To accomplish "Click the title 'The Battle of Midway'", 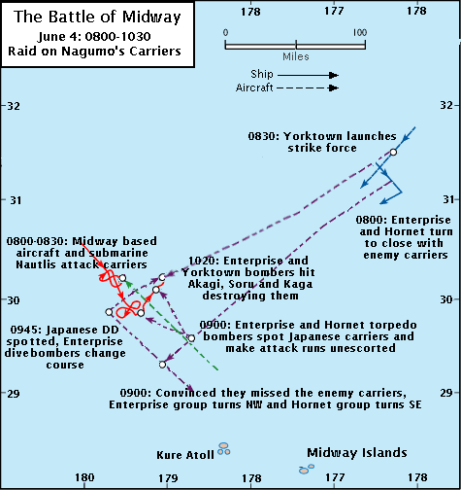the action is (97, 17).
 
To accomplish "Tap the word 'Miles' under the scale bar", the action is (296, 56).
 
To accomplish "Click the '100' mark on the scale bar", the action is (360, 32).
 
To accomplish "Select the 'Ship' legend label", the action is (262, 74).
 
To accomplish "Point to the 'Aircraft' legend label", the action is (254, 87).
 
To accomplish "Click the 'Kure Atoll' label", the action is (185, 455).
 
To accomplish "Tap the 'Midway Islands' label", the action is (357, 452).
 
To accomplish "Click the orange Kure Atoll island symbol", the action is (224, 449).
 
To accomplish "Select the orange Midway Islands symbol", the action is (307, 469).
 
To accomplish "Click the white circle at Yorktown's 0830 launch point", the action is (393, 152).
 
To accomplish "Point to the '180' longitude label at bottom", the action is (84, 477).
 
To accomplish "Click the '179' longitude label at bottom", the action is (168, 478).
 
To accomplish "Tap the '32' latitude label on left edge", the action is (14, 106).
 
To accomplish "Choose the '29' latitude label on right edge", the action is (446, 393).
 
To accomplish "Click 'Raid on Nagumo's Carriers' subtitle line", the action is (94, 52).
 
